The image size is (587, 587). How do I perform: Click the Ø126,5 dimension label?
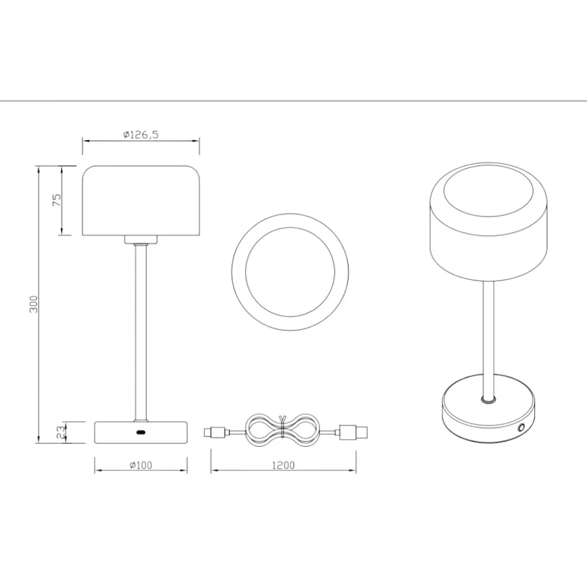[141, 134]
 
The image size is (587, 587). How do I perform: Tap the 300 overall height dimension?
[34, 304]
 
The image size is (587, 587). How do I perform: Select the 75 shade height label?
[57, 200]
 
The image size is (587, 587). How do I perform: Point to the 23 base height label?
[61, 432]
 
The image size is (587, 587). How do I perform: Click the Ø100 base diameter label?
[141, 465]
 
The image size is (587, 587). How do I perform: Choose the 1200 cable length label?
[283, 465]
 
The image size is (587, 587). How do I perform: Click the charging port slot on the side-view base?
[141, 432]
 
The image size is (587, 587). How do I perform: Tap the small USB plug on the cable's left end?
[215, 432]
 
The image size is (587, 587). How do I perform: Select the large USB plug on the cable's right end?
[353, 432]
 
